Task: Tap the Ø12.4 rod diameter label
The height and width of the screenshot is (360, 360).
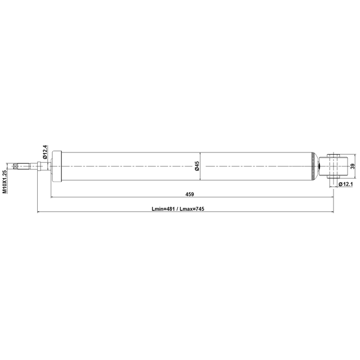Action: click(45, 152)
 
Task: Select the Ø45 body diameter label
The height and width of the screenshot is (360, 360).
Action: click(197, 166)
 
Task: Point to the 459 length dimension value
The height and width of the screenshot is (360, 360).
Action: click(190, 194)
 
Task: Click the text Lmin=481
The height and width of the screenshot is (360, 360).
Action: click(163, 209)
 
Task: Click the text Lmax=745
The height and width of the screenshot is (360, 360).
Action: click(192, 209)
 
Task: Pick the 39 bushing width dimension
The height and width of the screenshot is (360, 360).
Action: click(353, 166)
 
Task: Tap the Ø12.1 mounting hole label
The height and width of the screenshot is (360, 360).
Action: click(345, 184)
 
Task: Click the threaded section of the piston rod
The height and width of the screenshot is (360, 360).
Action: click(24, 166)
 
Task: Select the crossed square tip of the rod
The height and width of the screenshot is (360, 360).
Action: click(16, 166)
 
